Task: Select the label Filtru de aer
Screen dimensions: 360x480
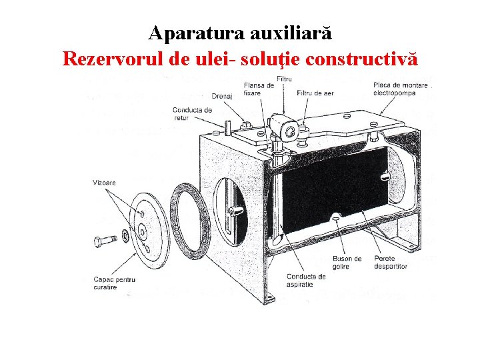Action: [x=315, y=93]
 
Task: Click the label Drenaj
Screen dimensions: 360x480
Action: [x=221, y=96]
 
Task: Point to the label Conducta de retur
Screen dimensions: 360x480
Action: [x=192, y=113]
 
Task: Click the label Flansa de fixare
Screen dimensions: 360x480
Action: [x=259, y=89]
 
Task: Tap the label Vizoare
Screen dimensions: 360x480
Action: [x=104, y=181]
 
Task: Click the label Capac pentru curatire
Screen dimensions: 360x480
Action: [x=114, y=284]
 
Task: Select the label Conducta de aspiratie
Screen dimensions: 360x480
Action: [x=305, y=280]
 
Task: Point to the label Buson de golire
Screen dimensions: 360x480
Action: [x=347, y=262]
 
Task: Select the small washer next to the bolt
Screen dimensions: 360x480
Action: [x=125, y=235]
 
